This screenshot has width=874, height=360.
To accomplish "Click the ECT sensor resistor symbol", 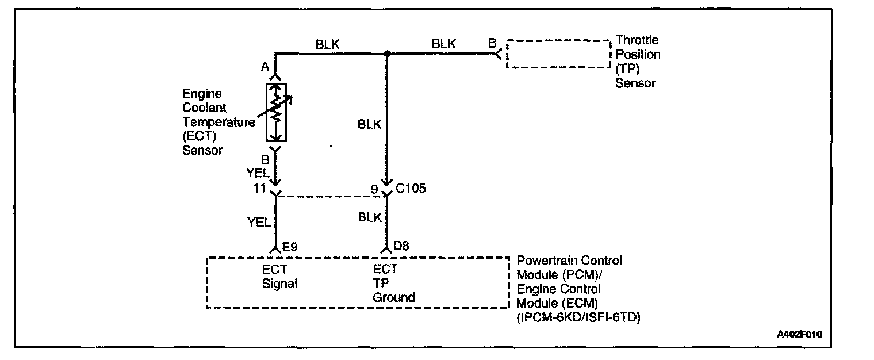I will (277, 112).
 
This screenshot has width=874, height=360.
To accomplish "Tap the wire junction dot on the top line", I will (387, 54).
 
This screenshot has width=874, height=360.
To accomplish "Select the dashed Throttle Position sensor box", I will (558, 54).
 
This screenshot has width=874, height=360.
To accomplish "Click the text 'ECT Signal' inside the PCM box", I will (279, 276).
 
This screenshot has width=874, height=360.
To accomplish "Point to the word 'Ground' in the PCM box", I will (393, 297).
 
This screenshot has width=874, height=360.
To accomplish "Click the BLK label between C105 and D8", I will (370, 217).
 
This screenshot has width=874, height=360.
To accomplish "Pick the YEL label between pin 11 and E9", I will (259, 222).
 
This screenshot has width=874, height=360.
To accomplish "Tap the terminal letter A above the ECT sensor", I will (265, 67).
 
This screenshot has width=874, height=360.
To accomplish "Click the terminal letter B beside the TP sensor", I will (492, 43).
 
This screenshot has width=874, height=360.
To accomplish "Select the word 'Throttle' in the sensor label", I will (637, 41).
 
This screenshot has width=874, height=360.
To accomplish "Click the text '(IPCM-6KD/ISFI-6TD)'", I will (578, 316).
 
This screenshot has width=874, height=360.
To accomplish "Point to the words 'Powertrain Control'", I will (569, 261).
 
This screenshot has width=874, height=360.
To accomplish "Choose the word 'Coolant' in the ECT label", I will (204, 108).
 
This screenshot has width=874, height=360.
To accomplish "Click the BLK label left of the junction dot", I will (327, 44).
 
